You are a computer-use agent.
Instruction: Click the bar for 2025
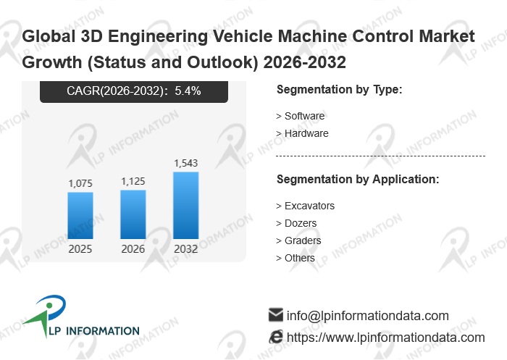click(80, 215)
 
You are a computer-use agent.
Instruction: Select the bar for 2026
click(133, 214)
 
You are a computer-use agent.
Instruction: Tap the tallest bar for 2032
click(186, 205)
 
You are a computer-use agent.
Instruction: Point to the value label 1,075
click(80, 184)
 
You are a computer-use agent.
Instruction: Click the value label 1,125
click(133, 182)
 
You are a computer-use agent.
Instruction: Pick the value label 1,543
click(186, 163)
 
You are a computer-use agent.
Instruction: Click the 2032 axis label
click(186, 249)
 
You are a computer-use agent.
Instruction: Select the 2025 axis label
click(80, 249)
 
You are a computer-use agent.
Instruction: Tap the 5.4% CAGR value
click(188, 91)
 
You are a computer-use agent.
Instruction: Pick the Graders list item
click(302, 240)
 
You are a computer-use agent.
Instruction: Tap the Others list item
click(299, 258)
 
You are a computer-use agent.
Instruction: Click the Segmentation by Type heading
click(339, 90)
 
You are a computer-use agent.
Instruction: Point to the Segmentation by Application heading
click(358, 179)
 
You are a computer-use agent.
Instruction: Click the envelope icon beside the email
click(275, 315)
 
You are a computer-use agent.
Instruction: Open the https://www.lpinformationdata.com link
click(385, 338)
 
